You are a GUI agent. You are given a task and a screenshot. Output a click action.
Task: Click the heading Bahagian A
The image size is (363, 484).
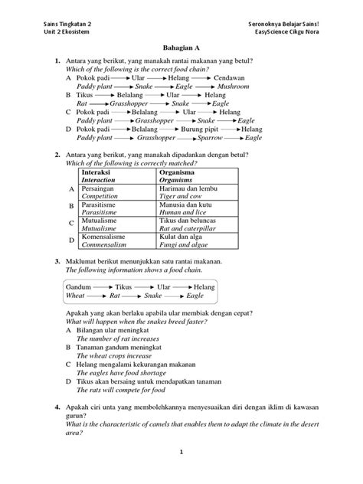pyautogui.click(x=181, y=47)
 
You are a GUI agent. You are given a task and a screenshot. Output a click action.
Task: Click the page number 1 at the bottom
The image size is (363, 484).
pyautogui.click(x=181, y=473)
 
